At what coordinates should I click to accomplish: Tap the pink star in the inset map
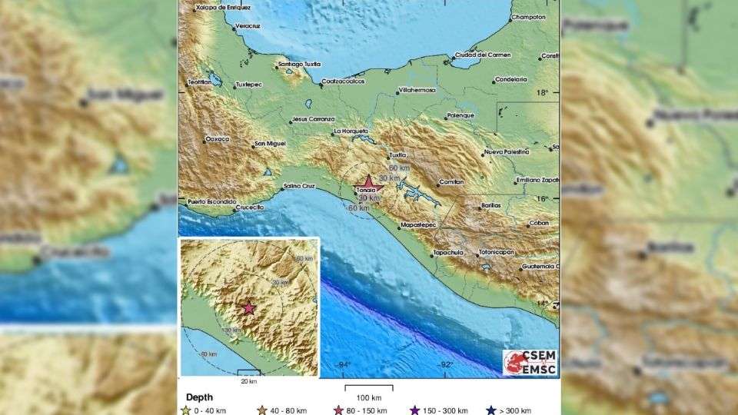click(x=248, y=308)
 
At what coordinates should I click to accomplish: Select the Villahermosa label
click(x=417, y=90)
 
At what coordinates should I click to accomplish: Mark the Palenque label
click(x=459, y=117)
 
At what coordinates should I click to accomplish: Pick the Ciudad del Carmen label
click(x=482, y=55)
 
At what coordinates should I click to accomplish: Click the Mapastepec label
click(x=419, y=227)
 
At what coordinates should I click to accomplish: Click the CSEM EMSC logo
click(x=529, y=362)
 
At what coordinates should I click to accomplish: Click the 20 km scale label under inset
click(x=248, y=380)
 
